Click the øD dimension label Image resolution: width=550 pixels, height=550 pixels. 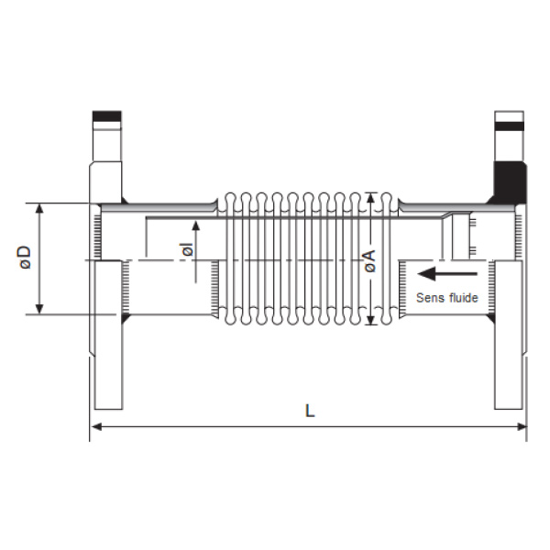pos(26,258)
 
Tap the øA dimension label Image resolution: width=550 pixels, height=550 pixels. pos(369,261)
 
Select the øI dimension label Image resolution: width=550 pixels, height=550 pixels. pos(188,249)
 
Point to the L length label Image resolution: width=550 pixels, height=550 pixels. pos(310,411)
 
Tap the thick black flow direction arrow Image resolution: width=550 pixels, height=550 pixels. pos(447,273)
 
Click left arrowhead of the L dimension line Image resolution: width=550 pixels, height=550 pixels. pos(96,427)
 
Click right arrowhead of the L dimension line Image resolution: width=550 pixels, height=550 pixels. pos(522,427)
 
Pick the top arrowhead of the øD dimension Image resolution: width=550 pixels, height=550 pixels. pos(39,208)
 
